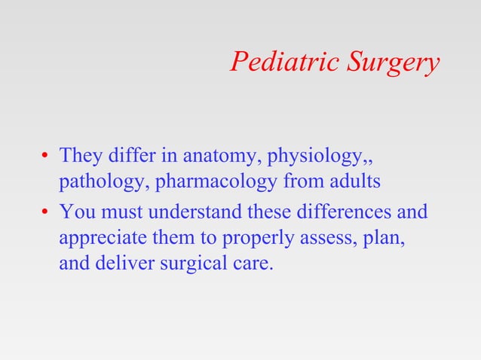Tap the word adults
pos(354,182)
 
